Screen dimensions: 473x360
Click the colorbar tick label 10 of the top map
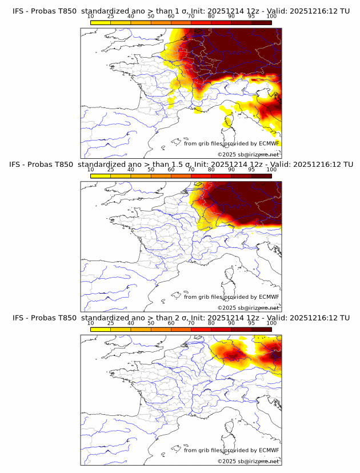tap(91, 16)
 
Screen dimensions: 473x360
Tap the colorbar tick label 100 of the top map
tap(271, 16)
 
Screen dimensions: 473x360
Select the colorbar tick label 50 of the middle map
tap(151, 170)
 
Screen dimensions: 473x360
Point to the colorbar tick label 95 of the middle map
tap(251, 170)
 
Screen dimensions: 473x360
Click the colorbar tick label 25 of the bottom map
tap(111, 323)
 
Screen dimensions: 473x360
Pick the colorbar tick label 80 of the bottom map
tap(211, 323)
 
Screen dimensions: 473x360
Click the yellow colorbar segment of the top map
tap(101, 22)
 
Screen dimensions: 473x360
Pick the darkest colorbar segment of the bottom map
tap(262, 329)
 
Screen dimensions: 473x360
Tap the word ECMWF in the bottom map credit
tap(269, 450)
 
